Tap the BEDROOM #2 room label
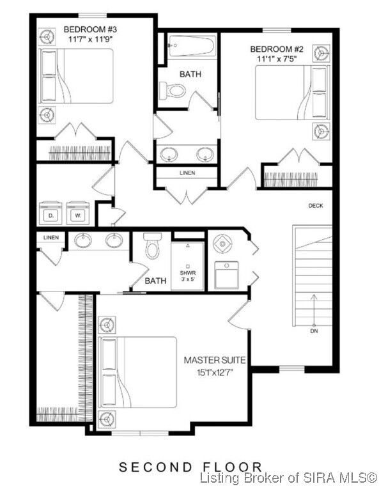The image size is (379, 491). [x=276, y=49]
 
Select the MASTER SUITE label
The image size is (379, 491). [x=215, y=361]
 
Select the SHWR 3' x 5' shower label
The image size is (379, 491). [x=187, y=276]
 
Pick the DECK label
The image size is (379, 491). [x=316, y=205]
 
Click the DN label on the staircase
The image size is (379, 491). [x=313, y=331]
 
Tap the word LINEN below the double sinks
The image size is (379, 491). [x=187, y=173]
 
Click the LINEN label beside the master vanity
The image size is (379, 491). [x=50, y=238]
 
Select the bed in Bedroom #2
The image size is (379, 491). [x=291, y=93]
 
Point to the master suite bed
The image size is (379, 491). [x=137, y=371]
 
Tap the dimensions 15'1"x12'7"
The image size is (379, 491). [x=215, y=371]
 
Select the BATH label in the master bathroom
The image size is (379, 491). [x=155, y=281]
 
